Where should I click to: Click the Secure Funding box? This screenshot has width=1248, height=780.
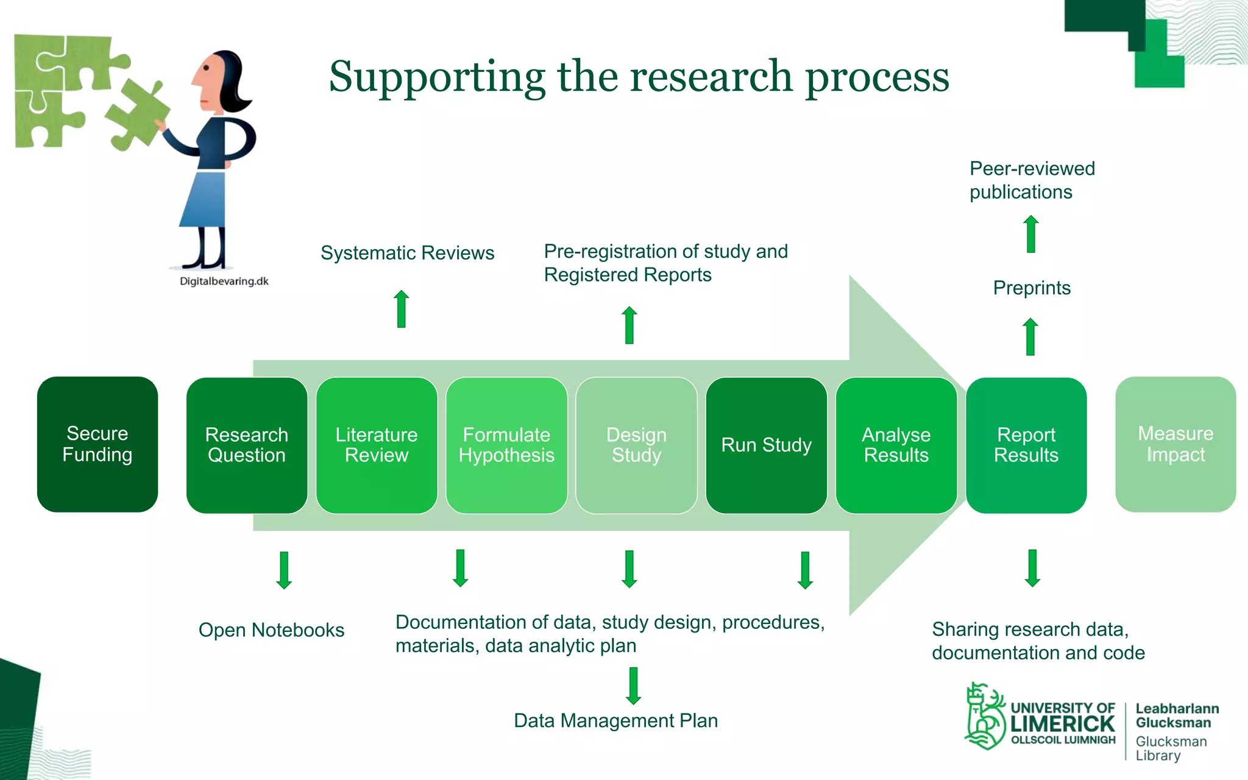(x=97, y=444)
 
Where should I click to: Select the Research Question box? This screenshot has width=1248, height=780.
(x=247, y=445)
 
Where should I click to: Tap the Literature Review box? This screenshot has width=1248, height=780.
(x=377, y=445)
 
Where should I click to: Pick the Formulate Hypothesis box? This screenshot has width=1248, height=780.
(x=506, y=445)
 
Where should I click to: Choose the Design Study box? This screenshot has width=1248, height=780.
(x=636, y=445)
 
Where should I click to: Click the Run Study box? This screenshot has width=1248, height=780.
(x=766, y=445)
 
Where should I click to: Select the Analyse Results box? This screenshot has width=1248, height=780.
(x=896, y=445)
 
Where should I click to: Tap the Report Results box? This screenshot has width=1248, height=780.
(x=1026, y=445)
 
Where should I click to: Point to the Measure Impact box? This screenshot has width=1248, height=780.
(x=1175, y=444)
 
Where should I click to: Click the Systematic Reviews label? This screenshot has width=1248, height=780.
(x=407, y=253)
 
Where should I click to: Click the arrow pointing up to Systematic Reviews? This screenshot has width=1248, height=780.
(x=401, y=309)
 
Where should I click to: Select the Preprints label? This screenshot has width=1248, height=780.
(x=1032, y=288)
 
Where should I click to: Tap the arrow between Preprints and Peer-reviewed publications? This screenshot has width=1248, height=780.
(x=1031, y=234)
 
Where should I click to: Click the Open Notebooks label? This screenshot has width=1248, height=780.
(x=271, y=630)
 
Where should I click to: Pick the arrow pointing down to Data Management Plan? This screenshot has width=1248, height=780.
(x=633, y=686)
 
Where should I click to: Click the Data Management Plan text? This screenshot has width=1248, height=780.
(x=615, y=721)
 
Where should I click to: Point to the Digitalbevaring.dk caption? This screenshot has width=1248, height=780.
(x=224, y=282)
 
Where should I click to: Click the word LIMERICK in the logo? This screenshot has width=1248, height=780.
(x=1062, y=725)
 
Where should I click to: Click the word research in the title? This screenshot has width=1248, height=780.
(x=711, y=77)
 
